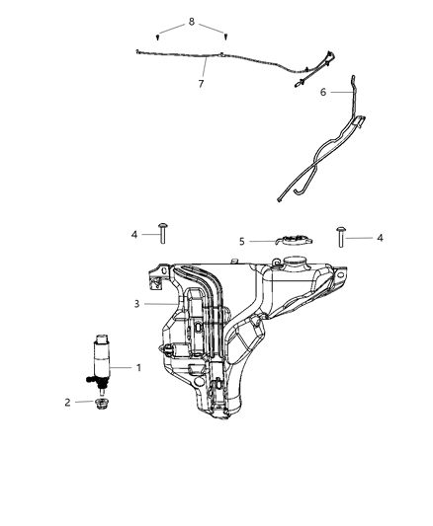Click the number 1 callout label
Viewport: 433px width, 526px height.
coord(138,368)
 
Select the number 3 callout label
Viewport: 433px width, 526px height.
coord(137,304)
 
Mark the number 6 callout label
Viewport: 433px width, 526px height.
coord(323,91)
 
